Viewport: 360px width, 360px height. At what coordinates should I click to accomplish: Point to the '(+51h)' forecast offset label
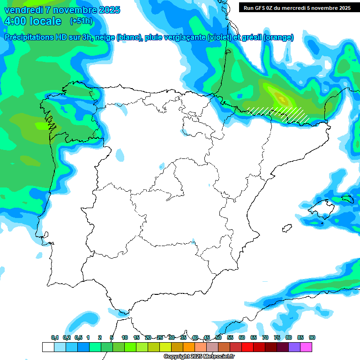(81, 21)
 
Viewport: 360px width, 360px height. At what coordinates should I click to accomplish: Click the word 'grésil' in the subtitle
(251, 37)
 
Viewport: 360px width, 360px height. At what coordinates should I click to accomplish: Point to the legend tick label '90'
(312, 338)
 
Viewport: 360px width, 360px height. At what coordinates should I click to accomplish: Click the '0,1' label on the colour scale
(55, 338)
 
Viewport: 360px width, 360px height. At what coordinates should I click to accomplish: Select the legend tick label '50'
(218, 338)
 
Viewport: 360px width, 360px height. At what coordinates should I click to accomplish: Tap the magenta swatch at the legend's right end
(306, 347)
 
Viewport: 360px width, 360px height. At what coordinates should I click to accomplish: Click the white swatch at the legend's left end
(48, 347)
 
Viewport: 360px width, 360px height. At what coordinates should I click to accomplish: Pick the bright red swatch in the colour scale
(247, 347)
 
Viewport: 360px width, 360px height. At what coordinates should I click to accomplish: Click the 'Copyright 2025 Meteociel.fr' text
(199, 357)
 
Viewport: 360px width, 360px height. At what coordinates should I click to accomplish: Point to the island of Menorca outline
(347, 198)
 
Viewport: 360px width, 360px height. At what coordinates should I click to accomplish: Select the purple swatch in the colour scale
(294, 347)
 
